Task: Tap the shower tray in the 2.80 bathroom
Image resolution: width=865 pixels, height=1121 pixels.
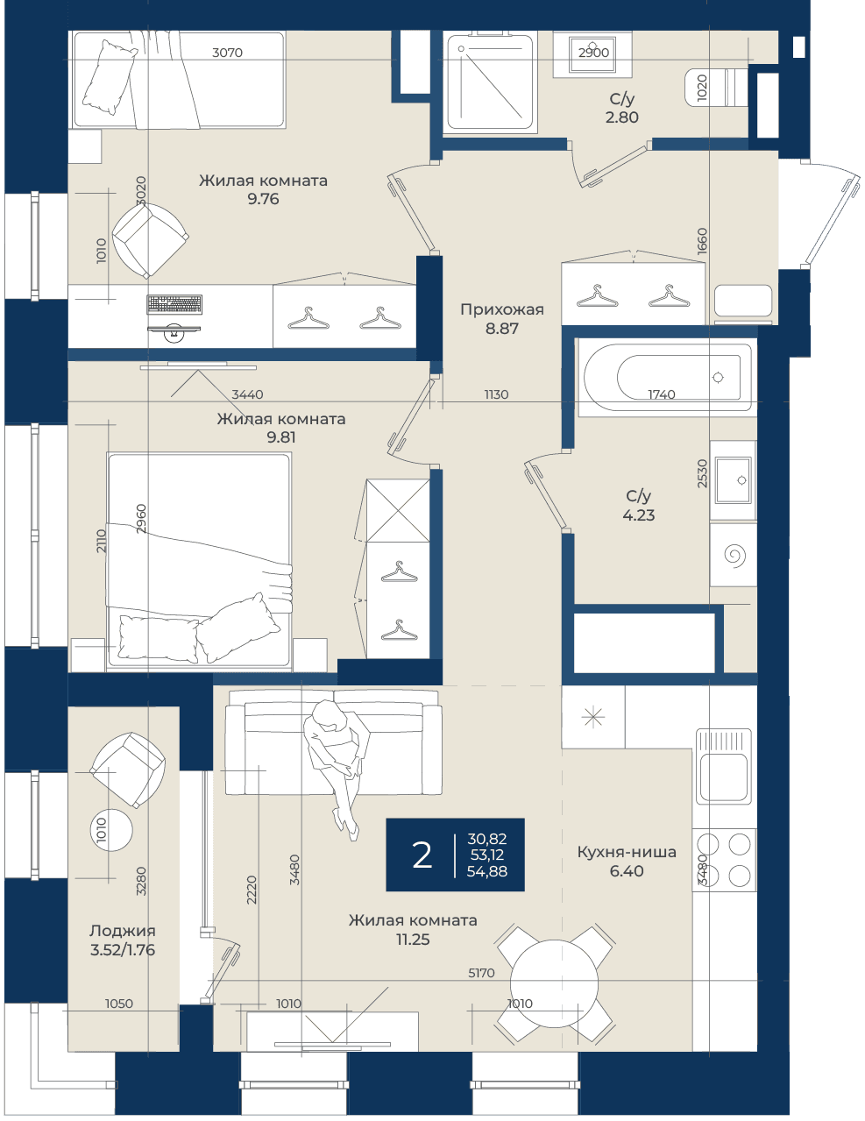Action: coord(490,82)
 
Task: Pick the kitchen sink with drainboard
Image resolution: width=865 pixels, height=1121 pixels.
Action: coord(723,767)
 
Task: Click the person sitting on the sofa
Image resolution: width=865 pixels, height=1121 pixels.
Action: coord(337,769)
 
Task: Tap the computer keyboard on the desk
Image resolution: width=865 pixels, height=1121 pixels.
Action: coord(174,304)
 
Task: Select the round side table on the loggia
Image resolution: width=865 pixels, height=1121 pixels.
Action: coord(111,829)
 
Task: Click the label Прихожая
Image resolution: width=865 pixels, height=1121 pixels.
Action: coord(502,309)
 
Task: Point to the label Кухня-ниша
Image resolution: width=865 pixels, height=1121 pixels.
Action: coord(627,852)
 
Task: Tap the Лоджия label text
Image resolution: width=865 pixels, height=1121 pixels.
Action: coord(122,931)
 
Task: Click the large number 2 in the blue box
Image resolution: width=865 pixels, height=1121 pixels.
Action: coord(422,855)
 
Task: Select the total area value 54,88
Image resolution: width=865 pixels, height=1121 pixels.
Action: coord(487,871)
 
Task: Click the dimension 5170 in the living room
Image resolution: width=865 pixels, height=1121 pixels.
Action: coord(481,973)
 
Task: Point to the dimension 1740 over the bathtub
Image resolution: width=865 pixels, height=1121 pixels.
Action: coord(662,394)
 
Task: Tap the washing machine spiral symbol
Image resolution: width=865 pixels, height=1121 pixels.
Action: coord(734,555)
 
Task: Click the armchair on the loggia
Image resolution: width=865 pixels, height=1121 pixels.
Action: coord(128,770)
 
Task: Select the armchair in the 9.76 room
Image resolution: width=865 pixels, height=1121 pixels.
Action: coord(150,240)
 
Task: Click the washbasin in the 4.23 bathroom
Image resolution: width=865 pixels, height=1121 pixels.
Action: coord(733,479)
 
